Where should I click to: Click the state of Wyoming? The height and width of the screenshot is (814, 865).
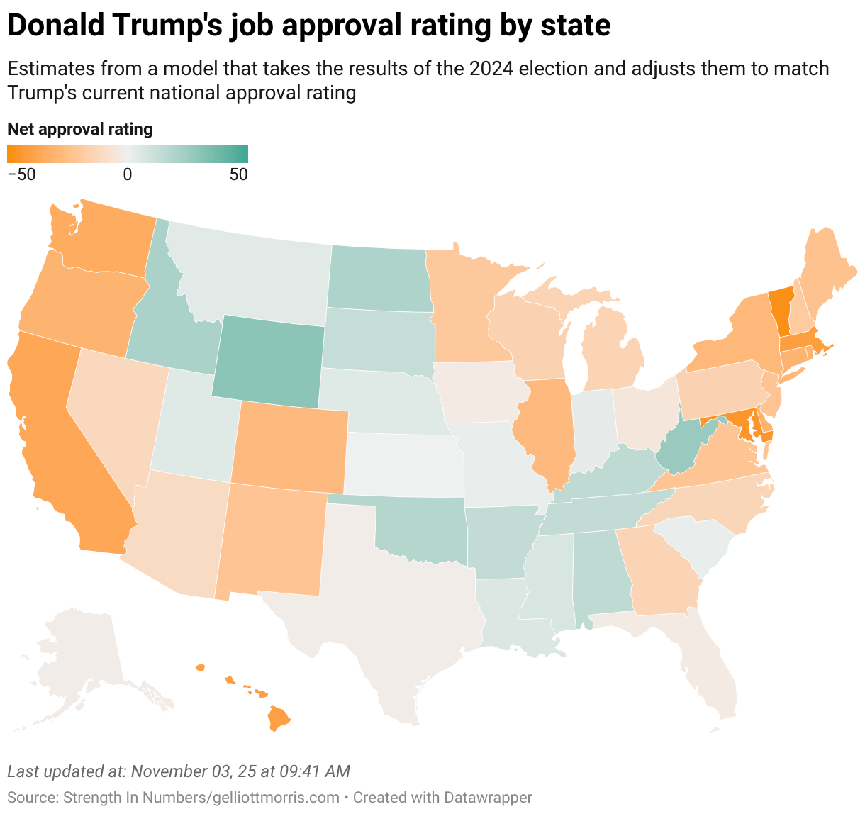268,362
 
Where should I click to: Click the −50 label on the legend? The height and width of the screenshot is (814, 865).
21,174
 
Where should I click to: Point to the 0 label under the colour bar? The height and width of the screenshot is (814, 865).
128,174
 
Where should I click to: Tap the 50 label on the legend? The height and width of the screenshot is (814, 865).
239,174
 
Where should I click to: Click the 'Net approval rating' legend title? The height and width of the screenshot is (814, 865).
79,129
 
